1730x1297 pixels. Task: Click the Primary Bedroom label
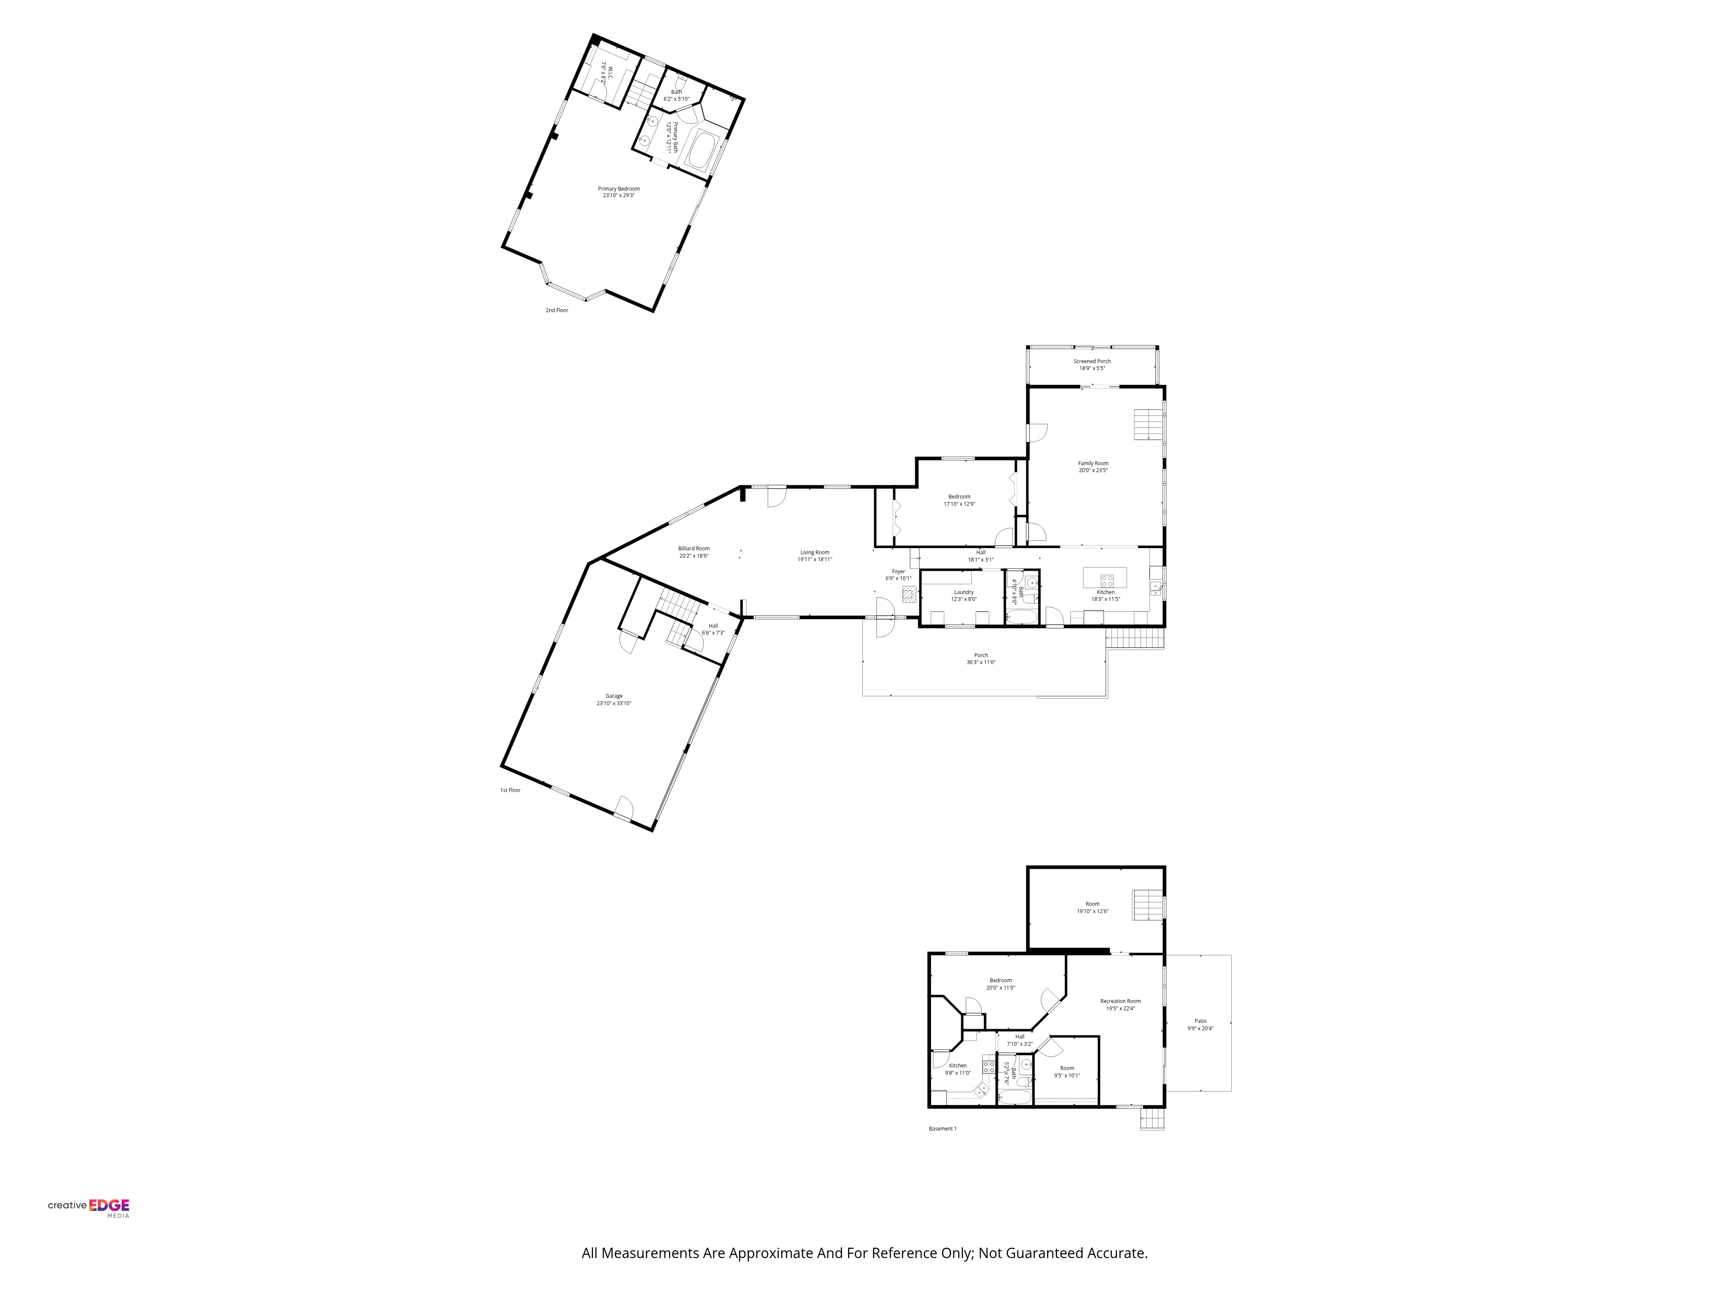tap(618, 188)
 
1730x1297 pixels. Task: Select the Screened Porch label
tap(1092, 361)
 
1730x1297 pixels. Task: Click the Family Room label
tap(1092, 463)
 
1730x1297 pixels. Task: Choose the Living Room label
tap(814, 553)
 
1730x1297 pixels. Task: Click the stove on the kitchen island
tap(1107, 580)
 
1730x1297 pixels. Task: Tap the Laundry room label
tap(964, 593)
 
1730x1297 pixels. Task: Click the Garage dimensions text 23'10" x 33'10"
tap(614, 703)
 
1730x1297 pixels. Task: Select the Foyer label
tap(898, 572)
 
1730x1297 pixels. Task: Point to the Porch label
tap(981, 655)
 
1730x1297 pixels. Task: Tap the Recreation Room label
tap(1120, 1001)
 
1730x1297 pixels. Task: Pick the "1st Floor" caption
tap(510, 790)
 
